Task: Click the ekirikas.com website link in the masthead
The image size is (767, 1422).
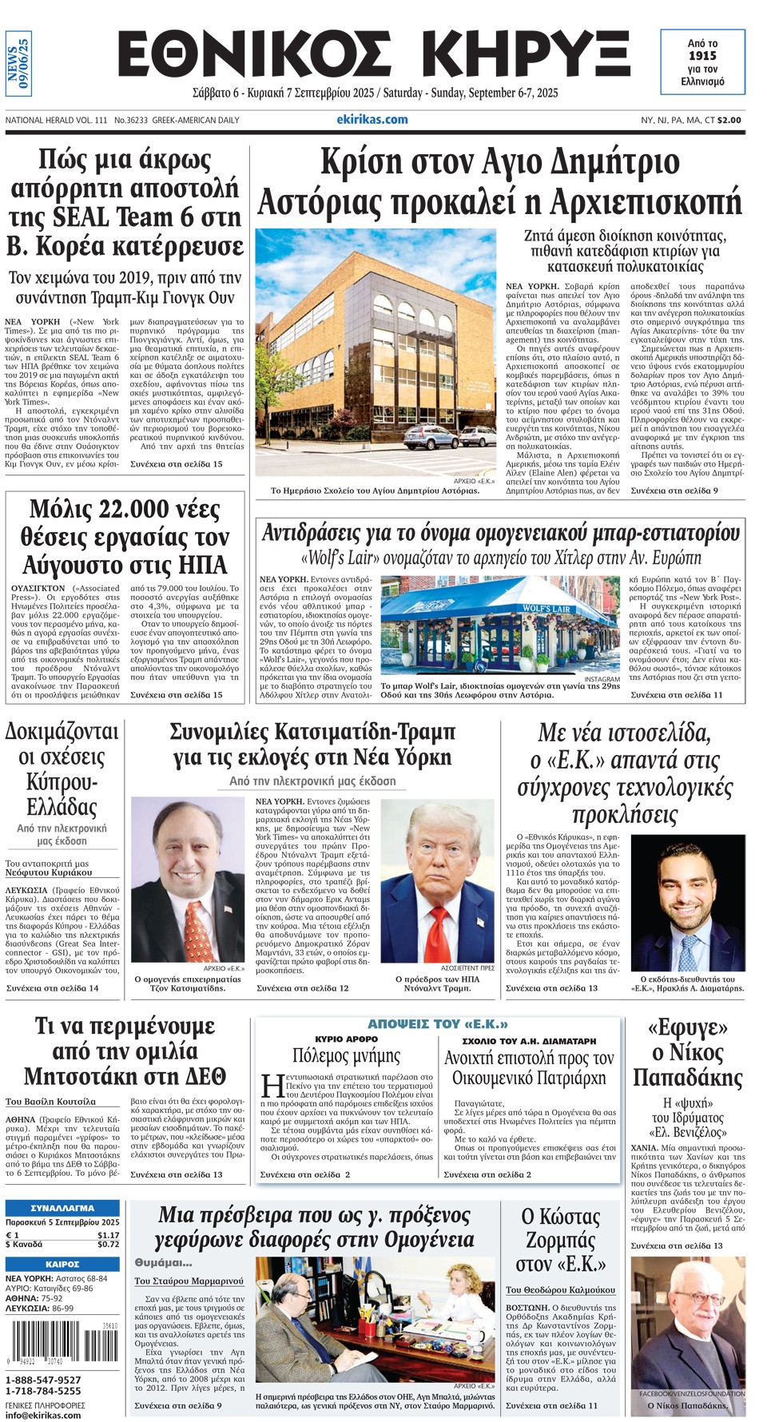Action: click(372, 120)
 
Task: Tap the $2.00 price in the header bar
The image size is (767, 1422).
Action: click(729, 121)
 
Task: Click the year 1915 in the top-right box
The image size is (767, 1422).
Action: click(702, 56)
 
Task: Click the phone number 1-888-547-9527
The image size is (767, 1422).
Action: click(43, 1380)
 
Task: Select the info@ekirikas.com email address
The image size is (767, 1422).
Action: click(43, 1415)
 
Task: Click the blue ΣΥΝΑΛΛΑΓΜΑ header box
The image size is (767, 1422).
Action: click(62, 1208)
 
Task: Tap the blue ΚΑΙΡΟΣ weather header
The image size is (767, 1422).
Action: click(62, 1265)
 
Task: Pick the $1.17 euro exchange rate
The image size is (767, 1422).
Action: click(108, 1235)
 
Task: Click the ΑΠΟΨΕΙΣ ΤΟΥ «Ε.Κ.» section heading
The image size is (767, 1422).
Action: click(437, 1024)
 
